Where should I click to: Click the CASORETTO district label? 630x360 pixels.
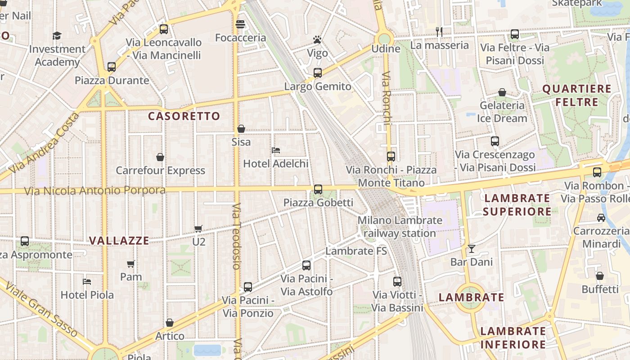point(184,116)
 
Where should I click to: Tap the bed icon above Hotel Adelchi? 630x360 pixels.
point(276,150)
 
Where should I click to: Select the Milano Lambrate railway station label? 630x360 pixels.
point(400,227)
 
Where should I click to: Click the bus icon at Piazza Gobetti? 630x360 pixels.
point(318,189)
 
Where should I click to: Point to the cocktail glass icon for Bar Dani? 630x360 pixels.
point(471,248)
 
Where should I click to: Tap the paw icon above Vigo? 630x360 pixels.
point(317,40)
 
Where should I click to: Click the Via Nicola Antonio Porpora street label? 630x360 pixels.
point(94,190)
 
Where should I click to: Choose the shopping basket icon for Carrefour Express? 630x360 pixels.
point(160,157)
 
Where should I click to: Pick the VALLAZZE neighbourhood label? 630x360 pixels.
point(119,241)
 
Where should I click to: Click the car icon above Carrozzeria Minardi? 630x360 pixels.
point(601,218)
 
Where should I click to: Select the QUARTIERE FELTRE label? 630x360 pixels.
point(577,95)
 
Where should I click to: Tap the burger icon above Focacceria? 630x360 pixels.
point(240,24)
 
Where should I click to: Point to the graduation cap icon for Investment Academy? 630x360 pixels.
point(57,36)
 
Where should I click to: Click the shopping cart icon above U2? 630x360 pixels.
point(198,229)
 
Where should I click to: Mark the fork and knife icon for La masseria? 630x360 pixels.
point(439,31)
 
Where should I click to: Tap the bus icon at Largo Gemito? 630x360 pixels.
point(318,72)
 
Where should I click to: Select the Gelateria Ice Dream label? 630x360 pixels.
point(502,112)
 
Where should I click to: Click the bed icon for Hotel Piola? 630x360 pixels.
point(87,282)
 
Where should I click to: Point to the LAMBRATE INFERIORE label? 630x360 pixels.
point(513,338)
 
